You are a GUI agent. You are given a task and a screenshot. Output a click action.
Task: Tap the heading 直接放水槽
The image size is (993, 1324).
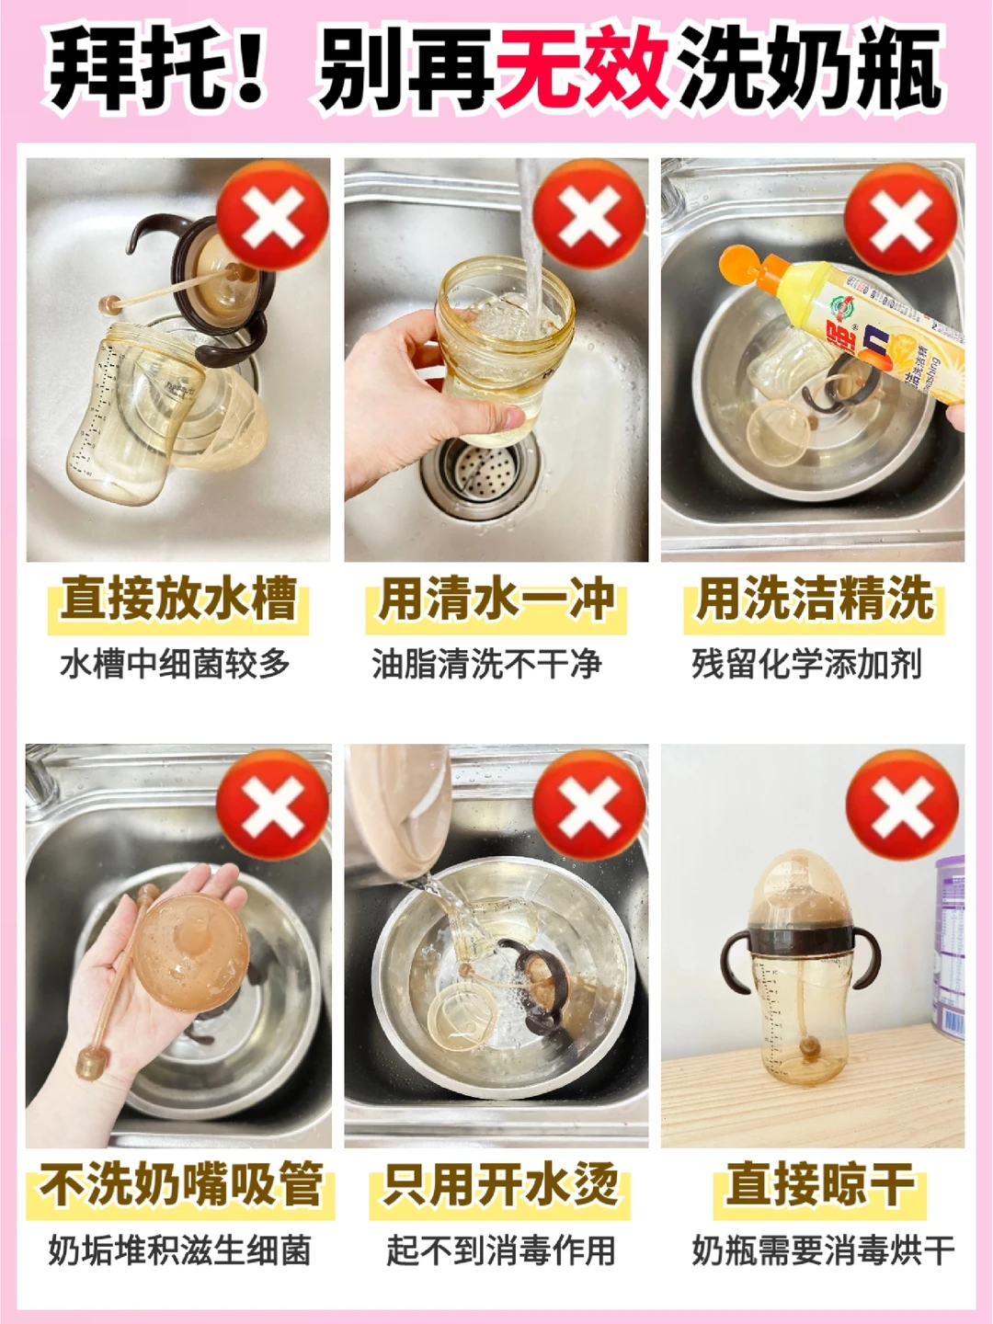pyautogui.click(x=178, y=599)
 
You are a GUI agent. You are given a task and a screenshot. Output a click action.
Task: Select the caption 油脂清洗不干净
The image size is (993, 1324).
pyautogui.click(x=486, y=664)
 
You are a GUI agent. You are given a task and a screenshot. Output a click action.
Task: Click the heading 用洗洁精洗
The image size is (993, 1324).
pyautogui.click(x=814, y=599)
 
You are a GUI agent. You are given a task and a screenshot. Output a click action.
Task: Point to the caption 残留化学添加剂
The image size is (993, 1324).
pyautogui.click(x=806, y=664)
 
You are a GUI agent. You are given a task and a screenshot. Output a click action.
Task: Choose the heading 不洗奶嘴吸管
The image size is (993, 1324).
pyautogui.click(x=181, y=1185)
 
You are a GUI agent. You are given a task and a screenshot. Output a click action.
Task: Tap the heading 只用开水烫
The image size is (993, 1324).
pyautogui.click(x=501, y=1185)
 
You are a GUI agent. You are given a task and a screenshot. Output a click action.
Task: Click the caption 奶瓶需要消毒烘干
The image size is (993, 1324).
pyautogui.click(x=823, y=1250)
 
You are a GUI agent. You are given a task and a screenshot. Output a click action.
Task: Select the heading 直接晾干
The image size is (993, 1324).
pyautogui.click(x=819, y=1185)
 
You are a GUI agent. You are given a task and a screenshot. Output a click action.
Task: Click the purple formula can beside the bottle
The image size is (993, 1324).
pyautogui.click(x=949, y=947)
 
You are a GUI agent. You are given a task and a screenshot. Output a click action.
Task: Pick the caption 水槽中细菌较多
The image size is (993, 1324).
pyautogui.click(x=175, y=664)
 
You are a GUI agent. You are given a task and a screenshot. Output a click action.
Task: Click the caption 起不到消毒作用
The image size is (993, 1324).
pyautogui.click(x=500, y=1250)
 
